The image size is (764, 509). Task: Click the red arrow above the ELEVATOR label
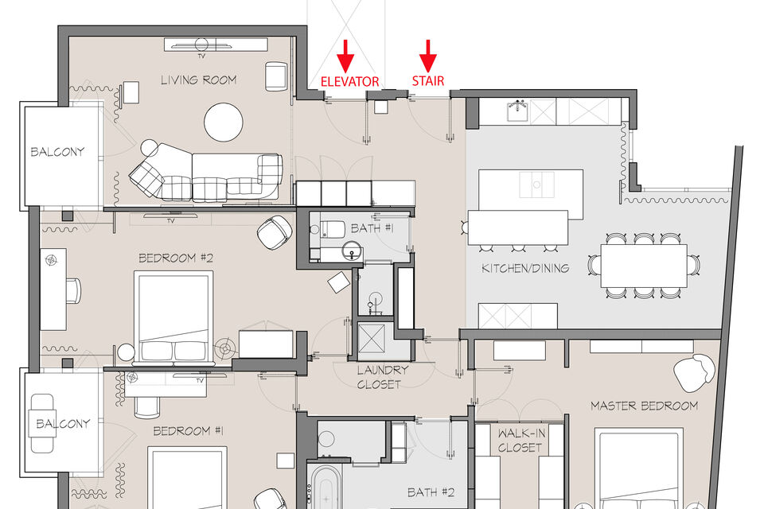345,56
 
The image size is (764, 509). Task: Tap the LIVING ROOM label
199,80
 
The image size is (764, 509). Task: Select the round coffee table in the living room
223,122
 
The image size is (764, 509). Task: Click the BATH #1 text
372,228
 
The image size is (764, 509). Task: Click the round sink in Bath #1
352,251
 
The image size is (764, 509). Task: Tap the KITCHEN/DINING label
525,268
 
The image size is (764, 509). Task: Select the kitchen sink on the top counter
517,111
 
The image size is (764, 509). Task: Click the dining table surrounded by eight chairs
644,266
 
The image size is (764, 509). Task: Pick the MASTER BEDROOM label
644,406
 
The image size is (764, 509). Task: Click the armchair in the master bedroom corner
694,372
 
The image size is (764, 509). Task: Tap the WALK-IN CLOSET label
520,441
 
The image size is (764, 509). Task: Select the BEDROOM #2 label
176,258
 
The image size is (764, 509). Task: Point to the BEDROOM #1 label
188,431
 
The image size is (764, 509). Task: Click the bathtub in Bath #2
326,488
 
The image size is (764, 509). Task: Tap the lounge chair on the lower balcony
42,423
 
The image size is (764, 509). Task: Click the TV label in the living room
201,56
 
